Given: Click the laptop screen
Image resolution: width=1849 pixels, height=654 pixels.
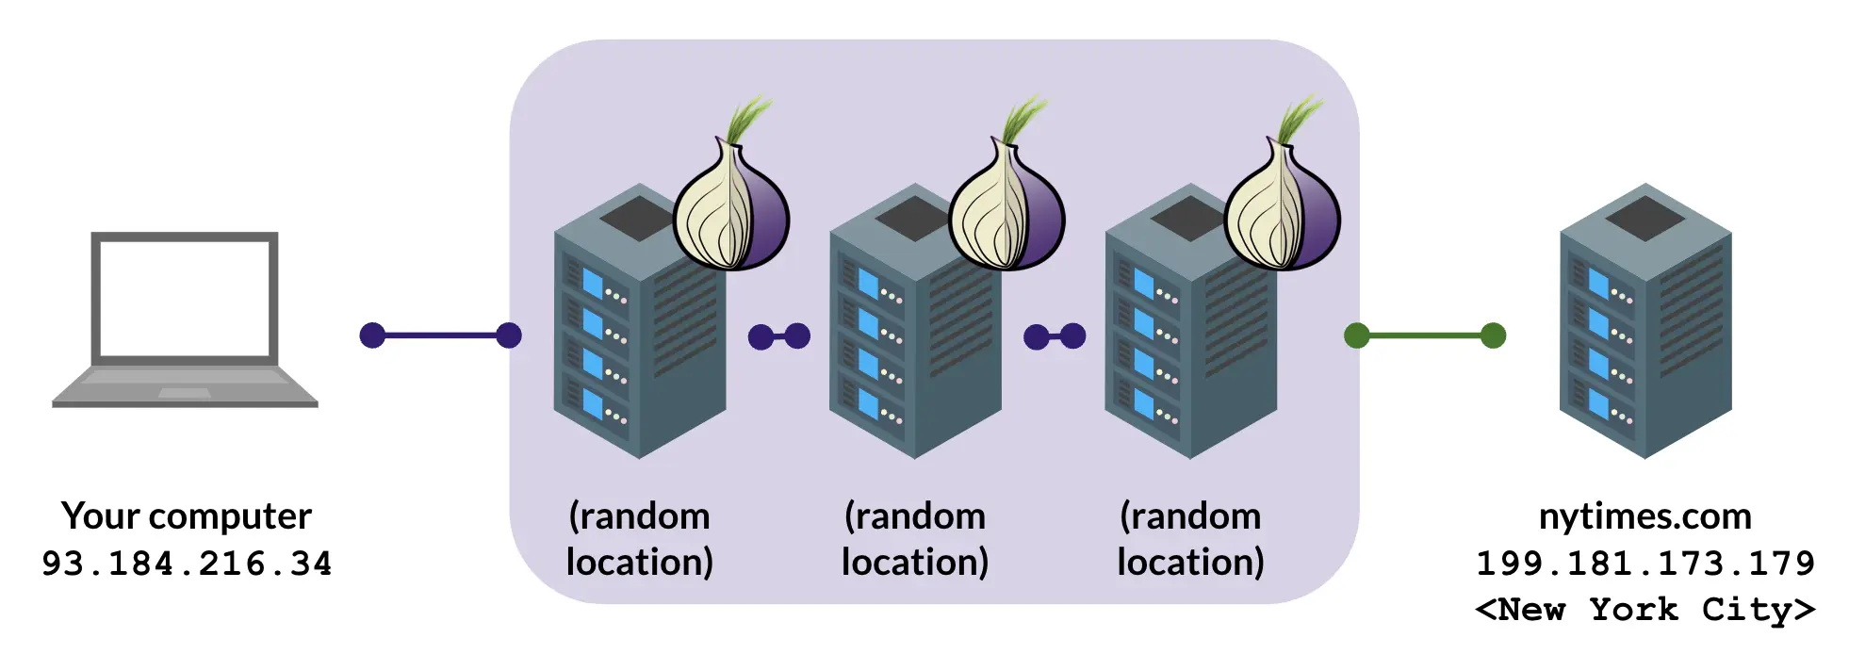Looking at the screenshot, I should [185, 298].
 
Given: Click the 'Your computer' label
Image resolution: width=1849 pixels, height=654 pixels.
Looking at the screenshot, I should [186, 516].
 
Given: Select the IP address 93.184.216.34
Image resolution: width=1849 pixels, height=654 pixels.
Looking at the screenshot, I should [186, 564].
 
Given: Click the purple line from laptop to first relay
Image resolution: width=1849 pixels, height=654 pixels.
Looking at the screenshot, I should [440, 335].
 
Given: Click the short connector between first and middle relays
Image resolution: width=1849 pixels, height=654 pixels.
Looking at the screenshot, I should [778, 335].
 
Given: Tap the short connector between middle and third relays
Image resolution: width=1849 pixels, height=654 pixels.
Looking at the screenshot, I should [1055, 335].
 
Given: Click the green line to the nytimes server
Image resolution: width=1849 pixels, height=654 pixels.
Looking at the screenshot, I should [1424, 335].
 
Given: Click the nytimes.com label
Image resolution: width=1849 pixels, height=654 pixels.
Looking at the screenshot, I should [1644, 516].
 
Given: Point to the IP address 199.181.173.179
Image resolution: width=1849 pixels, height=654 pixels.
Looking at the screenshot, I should [1644, 564].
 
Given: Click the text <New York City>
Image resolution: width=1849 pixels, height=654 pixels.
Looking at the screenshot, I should [1644, 610].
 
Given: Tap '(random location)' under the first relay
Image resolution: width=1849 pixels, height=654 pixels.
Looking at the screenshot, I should [639, 539].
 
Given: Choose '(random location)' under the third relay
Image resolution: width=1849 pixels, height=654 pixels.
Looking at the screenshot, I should [1190, 539].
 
